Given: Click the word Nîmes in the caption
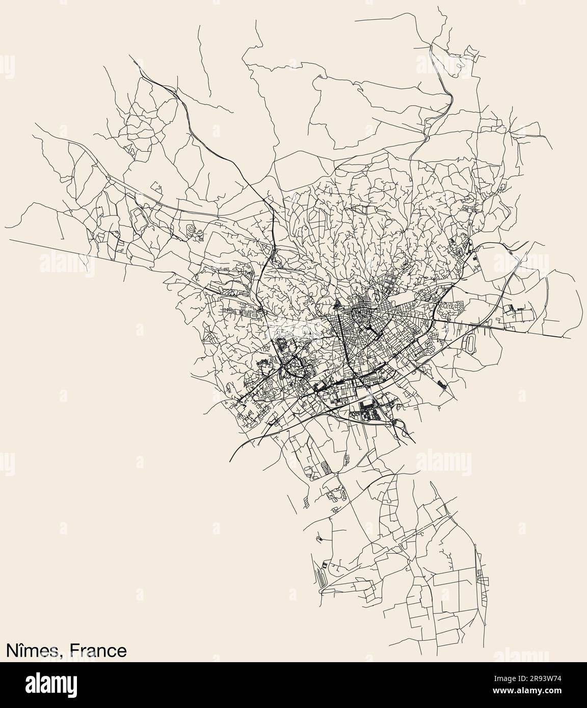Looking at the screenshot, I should click(x=34, y=651).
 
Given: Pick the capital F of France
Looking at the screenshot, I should click(x=74, y=651).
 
